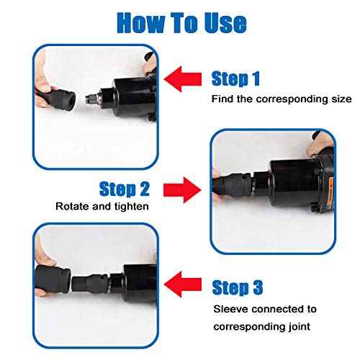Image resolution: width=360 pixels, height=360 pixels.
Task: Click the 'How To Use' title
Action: [x=181, y=22]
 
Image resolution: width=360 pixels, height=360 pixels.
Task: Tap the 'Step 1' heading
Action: [x=235, y=78]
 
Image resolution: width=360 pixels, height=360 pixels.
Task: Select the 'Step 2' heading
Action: [x=125, y=189]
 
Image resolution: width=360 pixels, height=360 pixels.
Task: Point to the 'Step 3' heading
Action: [x=238, y=287]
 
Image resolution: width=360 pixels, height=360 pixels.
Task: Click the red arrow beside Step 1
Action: [x=183, y=79]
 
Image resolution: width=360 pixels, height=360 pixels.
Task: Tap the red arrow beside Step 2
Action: [x=182, y=190]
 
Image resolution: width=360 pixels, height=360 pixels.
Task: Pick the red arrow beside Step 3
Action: [x=183, y=284]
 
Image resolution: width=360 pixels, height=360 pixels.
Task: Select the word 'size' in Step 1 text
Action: [x=341, y=99]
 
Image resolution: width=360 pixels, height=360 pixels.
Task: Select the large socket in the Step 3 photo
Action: [x=53, y=279]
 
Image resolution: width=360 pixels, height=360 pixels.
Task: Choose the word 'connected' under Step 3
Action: [x=279, y=309]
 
